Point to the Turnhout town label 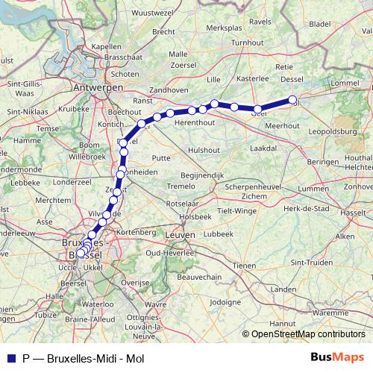(248, 43)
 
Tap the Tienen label (244, 266)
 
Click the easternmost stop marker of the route (293, 100)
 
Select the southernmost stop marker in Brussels (81, 253)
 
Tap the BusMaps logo (336, 357)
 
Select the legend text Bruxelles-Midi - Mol (95, 357)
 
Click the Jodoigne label (227, 302)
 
